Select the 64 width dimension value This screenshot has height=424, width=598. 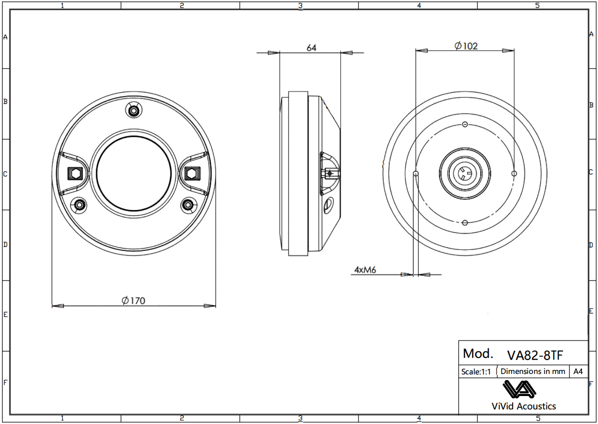pos(311,48)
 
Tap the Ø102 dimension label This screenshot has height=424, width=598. pos(466,46)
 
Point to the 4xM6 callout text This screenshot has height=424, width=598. pos(365,269)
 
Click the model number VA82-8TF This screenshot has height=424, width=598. pos(535,355)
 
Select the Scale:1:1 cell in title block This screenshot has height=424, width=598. pos(476,371)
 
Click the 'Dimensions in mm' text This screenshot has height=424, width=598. pos(533,371)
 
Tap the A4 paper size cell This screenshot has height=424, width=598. pos(578,371)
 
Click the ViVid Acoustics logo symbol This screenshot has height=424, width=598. pos(519,389)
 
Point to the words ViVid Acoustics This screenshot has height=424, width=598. pos(524,406)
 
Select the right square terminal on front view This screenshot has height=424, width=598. pos(191,173)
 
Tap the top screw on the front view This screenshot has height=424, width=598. pos(133,110)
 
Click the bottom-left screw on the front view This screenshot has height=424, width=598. pos(79,204)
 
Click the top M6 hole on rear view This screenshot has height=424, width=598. pos(465,124)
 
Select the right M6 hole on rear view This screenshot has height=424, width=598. pos(515,173)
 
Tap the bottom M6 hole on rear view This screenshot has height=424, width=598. pos(465,222)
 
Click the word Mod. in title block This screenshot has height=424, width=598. pos(478,353)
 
